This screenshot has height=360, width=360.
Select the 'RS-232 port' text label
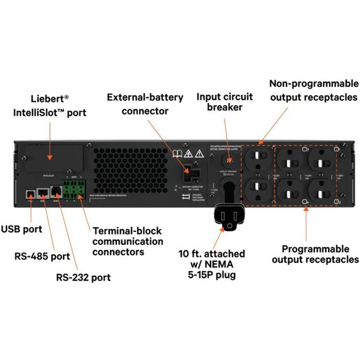83,278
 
